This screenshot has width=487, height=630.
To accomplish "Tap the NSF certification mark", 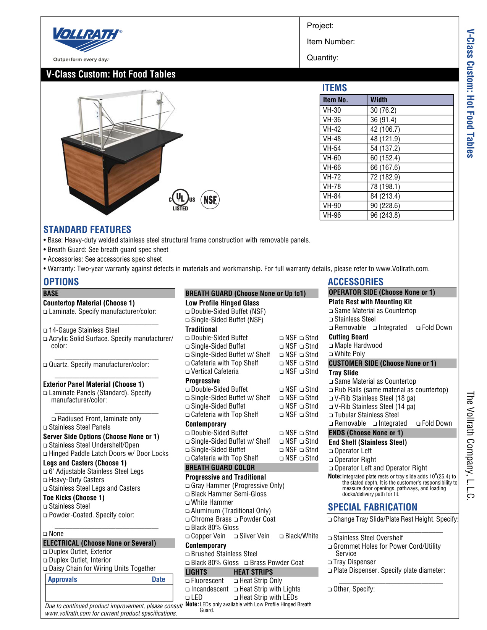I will point(210,200).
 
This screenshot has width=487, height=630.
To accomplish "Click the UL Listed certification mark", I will point(181,200).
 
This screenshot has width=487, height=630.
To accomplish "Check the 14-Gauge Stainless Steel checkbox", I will point(45,331).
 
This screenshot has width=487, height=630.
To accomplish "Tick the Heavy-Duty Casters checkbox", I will point(45,480).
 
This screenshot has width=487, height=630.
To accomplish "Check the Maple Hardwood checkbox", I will point(331,346).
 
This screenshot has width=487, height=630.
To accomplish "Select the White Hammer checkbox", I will point(188,503).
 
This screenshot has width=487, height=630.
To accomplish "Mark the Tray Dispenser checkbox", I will point(330,562).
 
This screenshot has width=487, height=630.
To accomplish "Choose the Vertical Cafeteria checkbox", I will point(188,372).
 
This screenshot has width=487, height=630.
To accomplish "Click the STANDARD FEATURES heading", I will point(87,229).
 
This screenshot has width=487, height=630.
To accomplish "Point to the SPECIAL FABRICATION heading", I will point(372,507).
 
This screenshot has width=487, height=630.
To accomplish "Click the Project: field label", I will point(320,26).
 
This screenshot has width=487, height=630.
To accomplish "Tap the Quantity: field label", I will point(322,58).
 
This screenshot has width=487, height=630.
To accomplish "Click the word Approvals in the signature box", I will point(63,579).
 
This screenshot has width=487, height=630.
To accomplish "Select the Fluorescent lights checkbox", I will point(188,581).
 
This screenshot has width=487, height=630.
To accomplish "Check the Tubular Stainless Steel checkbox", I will point(331,415).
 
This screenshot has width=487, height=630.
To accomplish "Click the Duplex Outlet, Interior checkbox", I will point(45,561).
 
